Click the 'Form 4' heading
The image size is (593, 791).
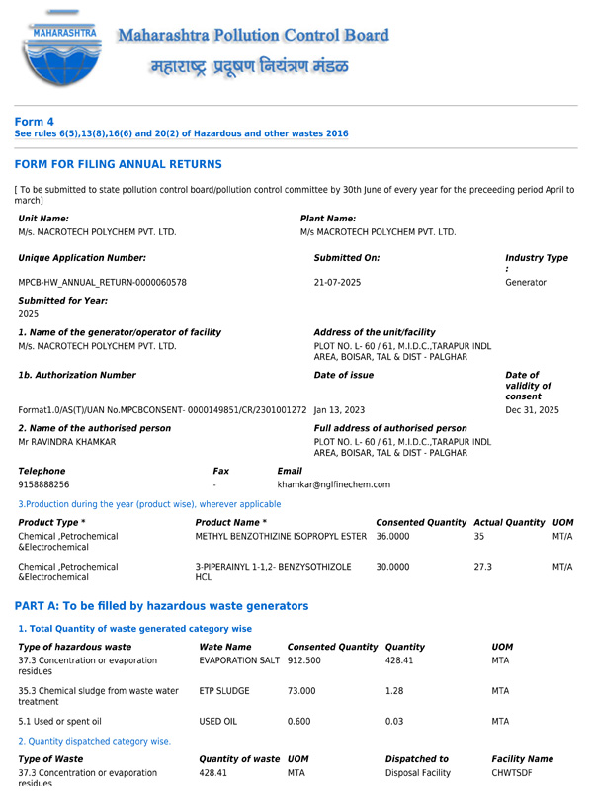tap(34, 122)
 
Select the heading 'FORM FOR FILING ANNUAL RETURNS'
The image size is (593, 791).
tap(118, 164)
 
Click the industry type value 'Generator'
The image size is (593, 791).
tap(526, 282)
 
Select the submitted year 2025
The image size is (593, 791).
tap(29, 313)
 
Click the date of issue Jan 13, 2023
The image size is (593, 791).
tap(339, 409)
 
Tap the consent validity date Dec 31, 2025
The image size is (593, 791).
tap(532, 409)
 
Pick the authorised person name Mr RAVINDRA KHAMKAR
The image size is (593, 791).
tap(67, 441)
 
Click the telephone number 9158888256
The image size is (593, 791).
tap(44, 484)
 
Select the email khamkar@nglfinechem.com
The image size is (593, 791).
tap(333, 484)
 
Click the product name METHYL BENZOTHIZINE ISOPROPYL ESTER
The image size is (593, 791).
tap(281, 535)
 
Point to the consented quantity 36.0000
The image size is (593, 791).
tap(393, 535)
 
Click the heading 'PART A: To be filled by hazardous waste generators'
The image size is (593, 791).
tap(161, 605)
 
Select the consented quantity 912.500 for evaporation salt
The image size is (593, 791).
tap(304, 659)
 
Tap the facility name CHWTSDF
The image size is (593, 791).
tap(513, 773)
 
